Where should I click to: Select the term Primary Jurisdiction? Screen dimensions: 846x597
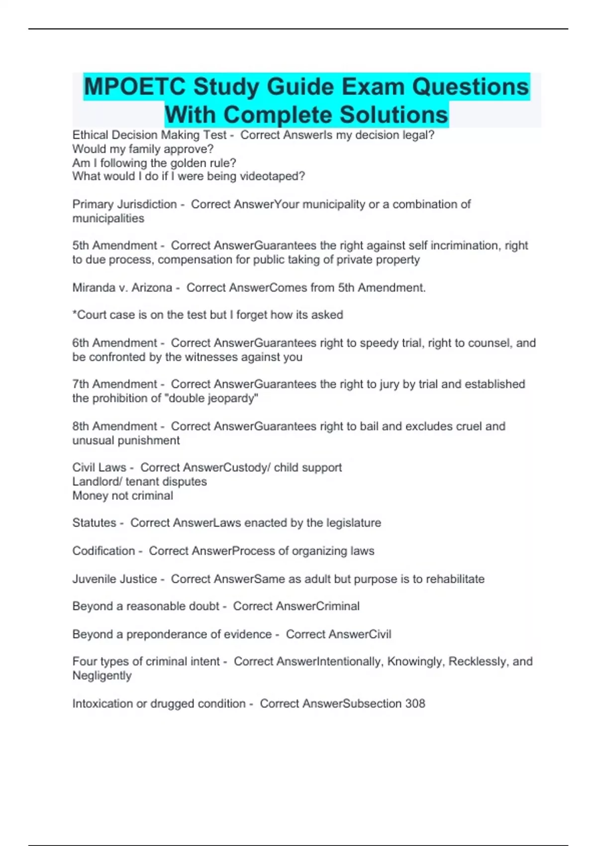(x=124, y=205)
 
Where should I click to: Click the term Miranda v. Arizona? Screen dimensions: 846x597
(x=122, y=288)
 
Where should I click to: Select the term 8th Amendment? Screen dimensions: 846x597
(x=114, y=426)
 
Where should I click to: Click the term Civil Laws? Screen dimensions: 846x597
(x=99, y=468)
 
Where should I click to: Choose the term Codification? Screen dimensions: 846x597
(x=103, y=551)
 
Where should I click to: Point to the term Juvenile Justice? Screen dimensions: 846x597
(x=114, y=579)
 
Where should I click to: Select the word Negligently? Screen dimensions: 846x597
(x=102, y=676)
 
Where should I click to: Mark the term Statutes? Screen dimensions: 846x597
(x=94, y=523)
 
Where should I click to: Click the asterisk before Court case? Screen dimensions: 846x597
(x=75, y=314)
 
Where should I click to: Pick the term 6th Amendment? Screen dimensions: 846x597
(x=114, y=343)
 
